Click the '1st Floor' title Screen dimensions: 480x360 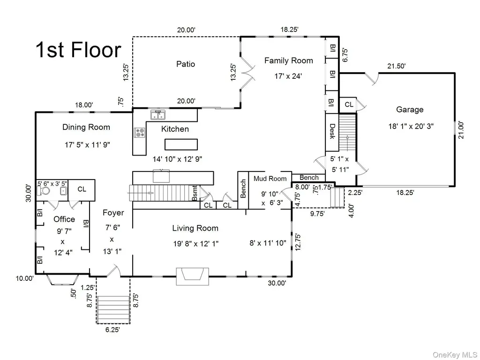tap(78, 50)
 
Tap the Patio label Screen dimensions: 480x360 tap(186, 64)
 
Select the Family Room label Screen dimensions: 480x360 tap(289, 60)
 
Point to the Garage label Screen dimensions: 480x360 tap(410, 110)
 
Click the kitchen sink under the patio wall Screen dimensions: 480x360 tap(158, 115)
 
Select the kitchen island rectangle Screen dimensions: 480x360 tap(181, 144)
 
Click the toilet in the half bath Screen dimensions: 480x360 tap(44, 191)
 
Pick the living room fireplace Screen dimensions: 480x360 tap(192, 277)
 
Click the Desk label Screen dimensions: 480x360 tap(332, 131)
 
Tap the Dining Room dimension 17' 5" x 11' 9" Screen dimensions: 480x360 tap(87, 144)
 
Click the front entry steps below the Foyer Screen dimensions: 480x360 tap(112, 309)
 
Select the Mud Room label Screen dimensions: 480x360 tap(270, 179)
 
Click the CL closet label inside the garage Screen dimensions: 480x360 tap(349, 105)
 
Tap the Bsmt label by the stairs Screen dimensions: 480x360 tap(195, 193)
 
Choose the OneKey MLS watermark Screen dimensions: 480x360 tap(455, 354)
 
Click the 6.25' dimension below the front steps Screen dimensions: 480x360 tap(112, 330)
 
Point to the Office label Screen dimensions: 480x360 tap(64, 219)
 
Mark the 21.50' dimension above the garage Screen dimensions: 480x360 tap(397, 66)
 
